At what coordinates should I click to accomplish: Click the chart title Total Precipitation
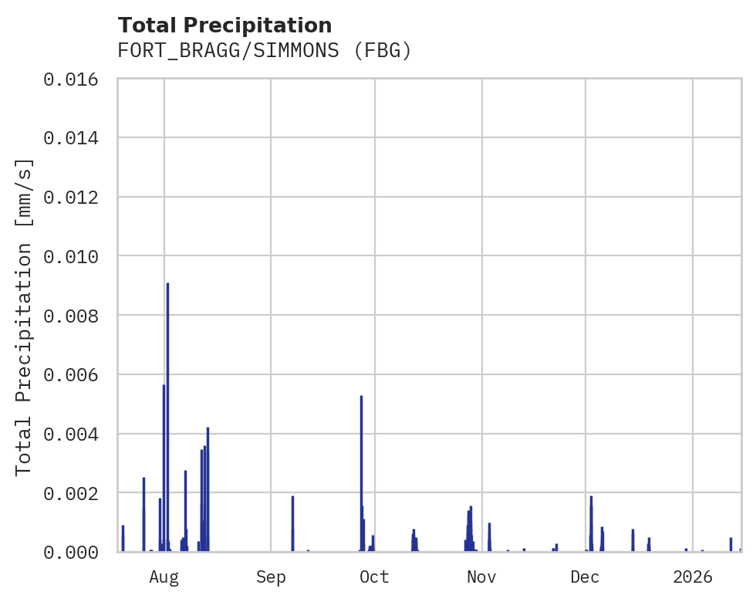point(224,25)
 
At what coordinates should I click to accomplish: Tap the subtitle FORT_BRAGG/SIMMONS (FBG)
point(265,51)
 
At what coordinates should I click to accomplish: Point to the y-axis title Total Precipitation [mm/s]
point(24,316)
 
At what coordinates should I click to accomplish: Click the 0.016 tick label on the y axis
point(76,79)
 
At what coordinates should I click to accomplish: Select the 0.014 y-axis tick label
point(76,138)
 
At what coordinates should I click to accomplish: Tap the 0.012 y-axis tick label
point(76,197)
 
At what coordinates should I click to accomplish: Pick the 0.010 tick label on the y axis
point(76,256)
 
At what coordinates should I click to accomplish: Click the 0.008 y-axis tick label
point(76,316)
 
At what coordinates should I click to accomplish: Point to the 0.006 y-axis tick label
point(76,374)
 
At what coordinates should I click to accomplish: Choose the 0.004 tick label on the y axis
point(76,434)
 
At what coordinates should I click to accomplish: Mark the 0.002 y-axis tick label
point(76,493)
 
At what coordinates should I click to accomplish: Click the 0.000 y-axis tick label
point(76,552)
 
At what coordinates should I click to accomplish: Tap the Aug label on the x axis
point(164,577)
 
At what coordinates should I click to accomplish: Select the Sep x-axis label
point(271,577)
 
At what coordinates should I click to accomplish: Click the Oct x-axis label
point(375,577)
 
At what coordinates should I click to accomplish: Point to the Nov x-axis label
point(481,577)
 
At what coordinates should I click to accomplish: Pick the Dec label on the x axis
point(586,577)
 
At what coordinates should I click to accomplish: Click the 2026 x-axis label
point(693,577)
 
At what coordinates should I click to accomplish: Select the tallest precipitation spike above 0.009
point(167,417)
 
